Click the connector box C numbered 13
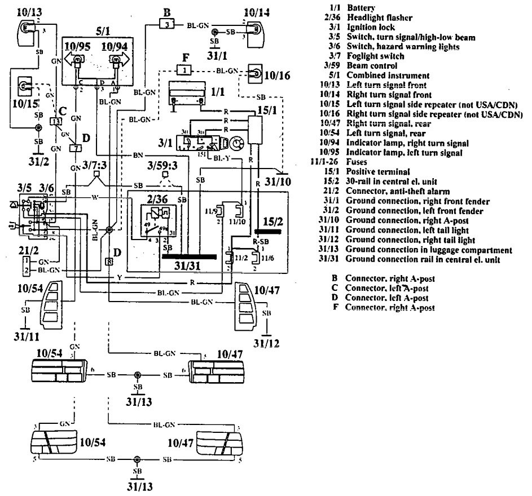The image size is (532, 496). click(x=56, y=121)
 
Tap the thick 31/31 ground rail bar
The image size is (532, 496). click(x=188, y=256)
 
